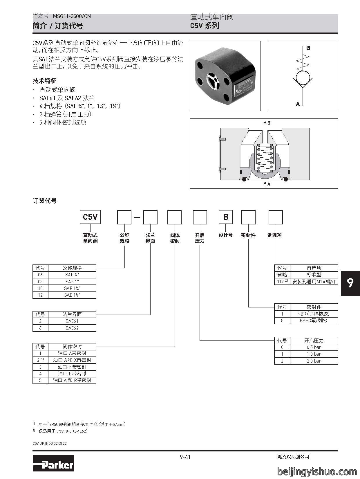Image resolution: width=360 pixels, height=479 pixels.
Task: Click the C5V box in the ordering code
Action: pos(90,217)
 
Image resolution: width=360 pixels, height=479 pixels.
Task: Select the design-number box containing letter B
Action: pos(226,217)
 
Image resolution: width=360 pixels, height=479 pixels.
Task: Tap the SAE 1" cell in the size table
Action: pos(72,282)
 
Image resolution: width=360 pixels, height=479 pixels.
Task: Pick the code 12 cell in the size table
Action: pos(40,295)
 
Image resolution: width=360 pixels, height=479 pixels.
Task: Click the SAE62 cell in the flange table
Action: pos(72,328)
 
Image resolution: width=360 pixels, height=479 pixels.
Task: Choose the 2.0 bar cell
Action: pos(314,361)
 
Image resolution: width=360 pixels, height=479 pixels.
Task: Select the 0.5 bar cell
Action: pos(314,347)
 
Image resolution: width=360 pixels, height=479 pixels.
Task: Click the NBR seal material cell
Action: pos(314,314)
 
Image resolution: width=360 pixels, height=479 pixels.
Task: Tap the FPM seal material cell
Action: pos(314,320)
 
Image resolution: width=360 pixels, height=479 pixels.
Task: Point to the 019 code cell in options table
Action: pos(282,282)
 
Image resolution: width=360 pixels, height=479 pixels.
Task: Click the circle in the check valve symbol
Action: pos(303,78)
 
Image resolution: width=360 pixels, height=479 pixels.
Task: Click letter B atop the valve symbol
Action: pos(308,48)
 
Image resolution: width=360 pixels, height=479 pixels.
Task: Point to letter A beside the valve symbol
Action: pos(298,104)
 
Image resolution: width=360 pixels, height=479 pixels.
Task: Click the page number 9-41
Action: pos(185,457)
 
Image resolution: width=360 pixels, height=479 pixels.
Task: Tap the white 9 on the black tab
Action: pos(350,283)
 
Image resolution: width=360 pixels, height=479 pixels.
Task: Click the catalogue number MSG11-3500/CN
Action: pos(72,16)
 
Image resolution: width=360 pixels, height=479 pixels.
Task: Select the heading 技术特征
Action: pos(45,81)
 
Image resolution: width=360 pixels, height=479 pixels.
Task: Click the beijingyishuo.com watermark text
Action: pos(317,471)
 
